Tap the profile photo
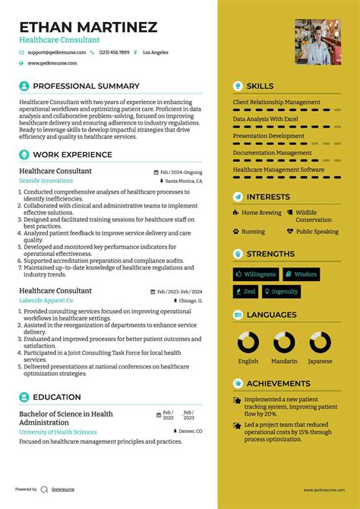pos(317,43)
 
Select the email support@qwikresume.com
pos(54,52)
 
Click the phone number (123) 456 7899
pos(113,52)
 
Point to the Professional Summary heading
pos(86,86)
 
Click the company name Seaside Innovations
pos(46,181)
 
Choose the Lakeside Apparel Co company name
pos(46,300)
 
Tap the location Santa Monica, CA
pos(183,182)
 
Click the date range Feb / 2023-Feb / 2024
pos(179,291)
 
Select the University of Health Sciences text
pos(58,432)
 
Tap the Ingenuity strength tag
pos(281,291)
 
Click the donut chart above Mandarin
pos(284,341)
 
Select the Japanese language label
pos(320,361)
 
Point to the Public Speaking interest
pos(317,232)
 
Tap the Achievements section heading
pos(278,384)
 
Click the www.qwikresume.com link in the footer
pos(324,490)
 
